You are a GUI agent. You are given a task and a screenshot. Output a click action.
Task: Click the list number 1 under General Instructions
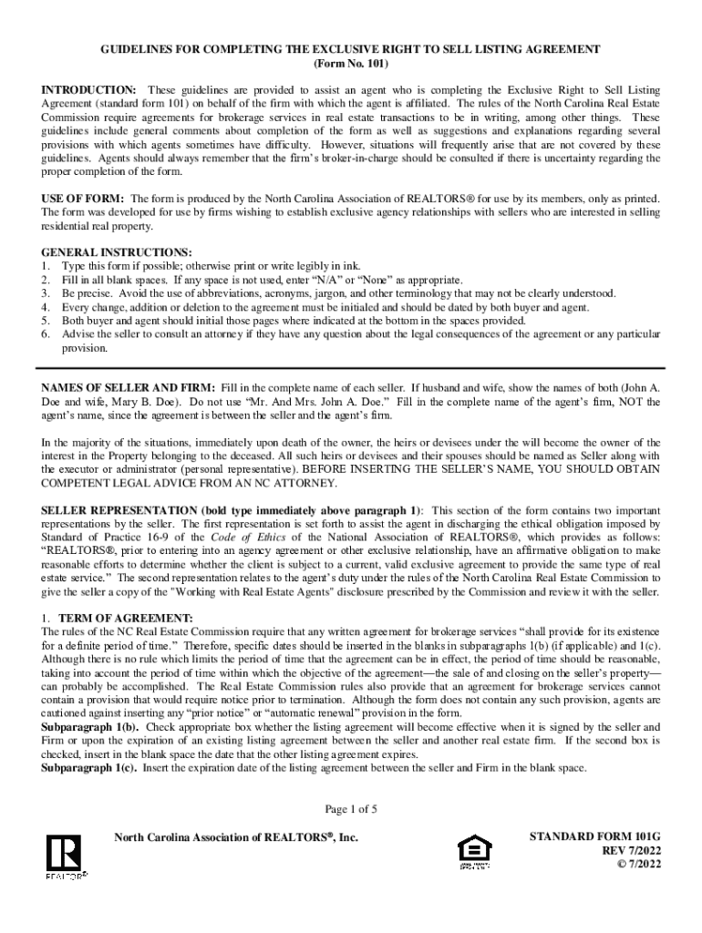point(45,265)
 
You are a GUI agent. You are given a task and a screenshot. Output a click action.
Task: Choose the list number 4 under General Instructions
point(45,307)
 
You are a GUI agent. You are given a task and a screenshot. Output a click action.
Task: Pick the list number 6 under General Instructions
point(45,334)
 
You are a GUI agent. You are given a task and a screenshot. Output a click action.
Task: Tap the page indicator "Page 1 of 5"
point(351,809)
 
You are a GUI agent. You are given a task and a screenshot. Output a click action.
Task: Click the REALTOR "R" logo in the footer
point(66,856)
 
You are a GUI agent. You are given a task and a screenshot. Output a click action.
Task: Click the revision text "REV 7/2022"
point(627,849)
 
